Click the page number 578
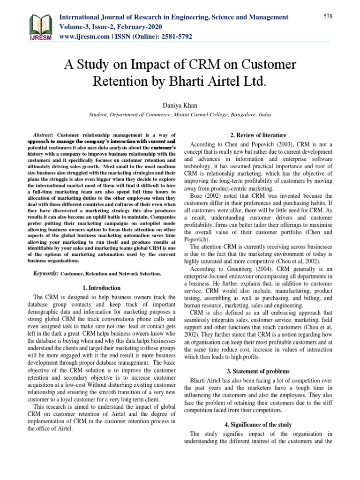[x=328, y=16]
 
